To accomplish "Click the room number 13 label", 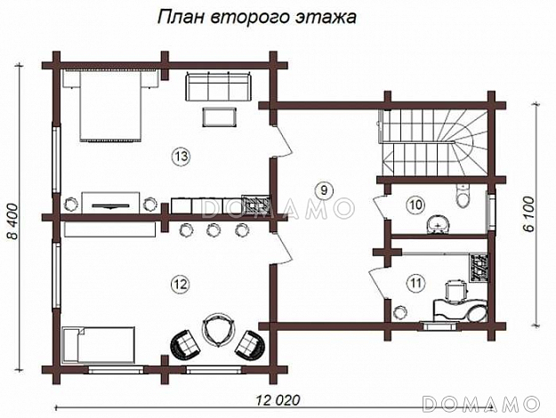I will (x=181, y=157).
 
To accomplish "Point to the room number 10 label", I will (x=415, y=205).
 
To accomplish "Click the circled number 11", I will (x=415, y=284).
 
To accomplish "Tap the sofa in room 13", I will (x=219, y=87).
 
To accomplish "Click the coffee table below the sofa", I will (x=220, y=117).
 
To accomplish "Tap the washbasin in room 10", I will (x=438, y=222).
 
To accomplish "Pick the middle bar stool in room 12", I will (x=214, y=231).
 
